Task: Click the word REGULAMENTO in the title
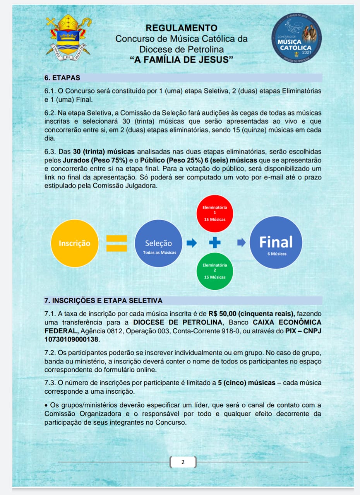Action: pyautogui.click(x=181, y=28)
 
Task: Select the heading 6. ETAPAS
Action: pyautogui.click(x=62, y=78)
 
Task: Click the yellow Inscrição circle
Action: pyautogui.click(x=74, y=243)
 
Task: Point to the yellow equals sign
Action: pyautogui.click(x=117, y=243)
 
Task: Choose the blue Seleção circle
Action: pyautogui.click(x=158, y=243)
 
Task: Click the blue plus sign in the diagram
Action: pyautogui.click(x=215, y=243)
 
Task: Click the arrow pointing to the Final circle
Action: pyautogui.click(x=241, y=243)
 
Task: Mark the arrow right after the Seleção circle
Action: pyautogui.click(x=192, y=243)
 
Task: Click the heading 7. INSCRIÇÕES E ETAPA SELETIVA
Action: pyautogui.click(x=103, y=300)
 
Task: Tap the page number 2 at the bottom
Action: pyautogui.click(x=183, y=462)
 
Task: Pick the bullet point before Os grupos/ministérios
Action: pyautogui.click(x=46, y=405)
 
